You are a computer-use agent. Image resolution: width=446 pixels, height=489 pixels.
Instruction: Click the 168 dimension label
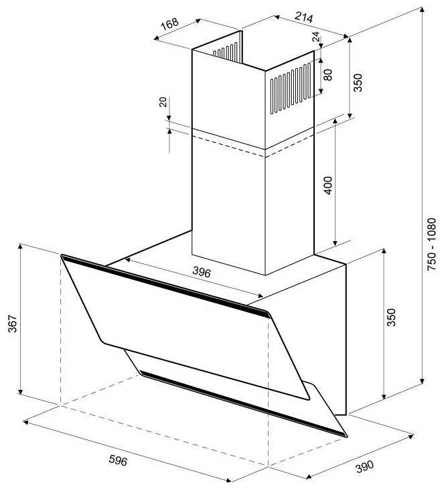(171, 24)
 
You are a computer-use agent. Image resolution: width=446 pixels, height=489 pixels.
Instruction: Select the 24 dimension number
(316, 38)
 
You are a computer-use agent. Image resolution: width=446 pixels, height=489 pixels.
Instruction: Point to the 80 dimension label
(327, 74)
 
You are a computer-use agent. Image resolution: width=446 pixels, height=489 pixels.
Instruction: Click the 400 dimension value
(328, 184)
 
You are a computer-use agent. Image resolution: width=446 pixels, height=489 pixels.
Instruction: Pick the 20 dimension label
(163, 102)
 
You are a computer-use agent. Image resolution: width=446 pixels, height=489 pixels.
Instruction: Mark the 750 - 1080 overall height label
(433, 242)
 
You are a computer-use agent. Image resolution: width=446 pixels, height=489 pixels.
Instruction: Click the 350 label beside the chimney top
(358, 82)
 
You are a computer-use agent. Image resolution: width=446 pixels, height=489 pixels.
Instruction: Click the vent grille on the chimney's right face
(291, 87)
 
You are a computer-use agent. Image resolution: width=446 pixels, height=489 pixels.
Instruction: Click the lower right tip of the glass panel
(346, 435)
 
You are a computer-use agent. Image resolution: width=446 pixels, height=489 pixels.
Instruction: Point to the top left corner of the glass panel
(62, 256)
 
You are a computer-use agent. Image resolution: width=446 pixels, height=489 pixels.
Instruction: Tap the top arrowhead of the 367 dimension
(21, 247)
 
